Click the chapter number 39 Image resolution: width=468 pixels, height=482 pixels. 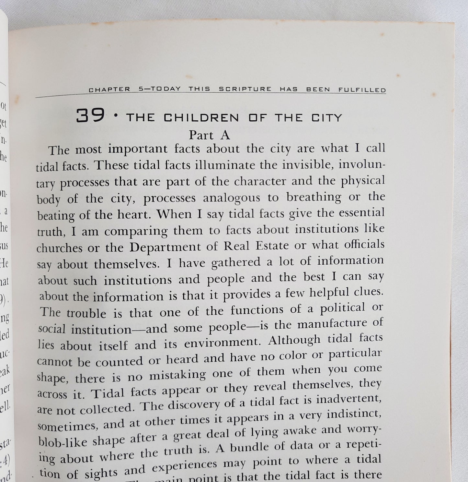90,115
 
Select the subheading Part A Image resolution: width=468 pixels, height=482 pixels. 210,135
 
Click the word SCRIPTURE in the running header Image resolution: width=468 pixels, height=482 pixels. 245,89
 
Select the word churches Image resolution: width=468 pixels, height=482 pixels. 60,248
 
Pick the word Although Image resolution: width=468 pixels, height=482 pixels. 294,340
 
